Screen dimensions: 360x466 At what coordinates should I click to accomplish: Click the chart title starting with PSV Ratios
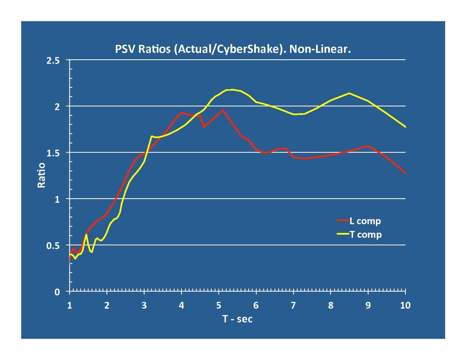[233, 50]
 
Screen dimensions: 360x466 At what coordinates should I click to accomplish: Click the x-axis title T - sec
[238, 319]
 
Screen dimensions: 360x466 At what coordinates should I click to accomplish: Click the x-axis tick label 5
[219, 306]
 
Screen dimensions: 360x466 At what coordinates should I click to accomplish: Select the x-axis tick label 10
[405, 306]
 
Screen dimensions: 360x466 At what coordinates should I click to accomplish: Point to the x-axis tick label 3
[144, 306]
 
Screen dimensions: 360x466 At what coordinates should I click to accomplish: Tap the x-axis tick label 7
[293, 306]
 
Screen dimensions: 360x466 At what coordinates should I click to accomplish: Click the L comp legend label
[365, 221]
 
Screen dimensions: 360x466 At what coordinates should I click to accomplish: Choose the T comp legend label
[366, 235]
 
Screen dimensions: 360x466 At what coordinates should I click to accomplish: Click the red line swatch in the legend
[343, 220]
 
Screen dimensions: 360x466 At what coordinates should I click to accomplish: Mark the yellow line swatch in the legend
[343, 234]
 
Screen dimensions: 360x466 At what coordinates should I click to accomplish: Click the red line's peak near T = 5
[222, 110]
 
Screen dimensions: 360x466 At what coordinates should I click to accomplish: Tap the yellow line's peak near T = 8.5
[349, 93]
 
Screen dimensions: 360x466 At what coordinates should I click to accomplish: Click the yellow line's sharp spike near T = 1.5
[86, 234]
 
